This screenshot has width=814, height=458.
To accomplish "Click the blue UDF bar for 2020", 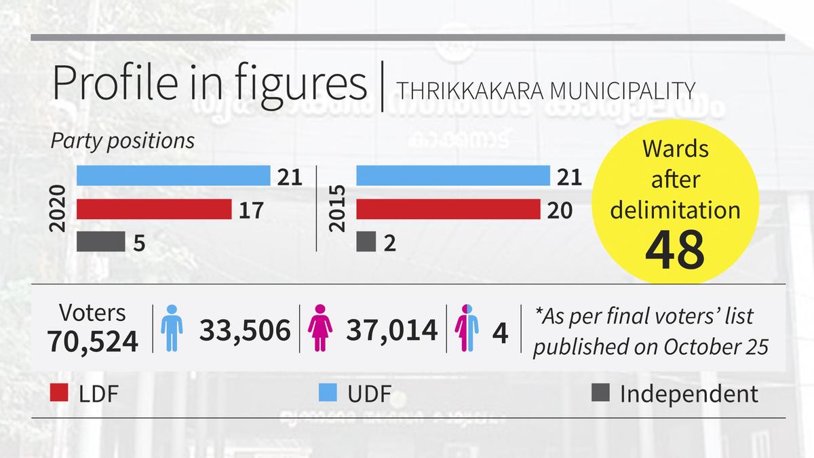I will tap(173, 176).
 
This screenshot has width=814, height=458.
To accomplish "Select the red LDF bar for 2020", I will tap(154, 210).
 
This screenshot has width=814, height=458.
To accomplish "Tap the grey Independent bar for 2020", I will tap(100, 242).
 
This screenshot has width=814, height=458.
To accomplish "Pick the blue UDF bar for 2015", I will tap(452, 176).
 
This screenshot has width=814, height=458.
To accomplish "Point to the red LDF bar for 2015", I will tap(448, 210).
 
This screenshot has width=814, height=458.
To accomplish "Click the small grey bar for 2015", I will tap(366, 242).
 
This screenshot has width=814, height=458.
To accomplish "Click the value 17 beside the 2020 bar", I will tap(251, 210).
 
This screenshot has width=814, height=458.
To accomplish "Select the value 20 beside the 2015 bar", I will tap(559, 210).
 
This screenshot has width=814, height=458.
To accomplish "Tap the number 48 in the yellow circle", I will tap(674, 249).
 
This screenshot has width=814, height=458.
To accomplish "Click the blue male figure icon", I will tap(172, 328).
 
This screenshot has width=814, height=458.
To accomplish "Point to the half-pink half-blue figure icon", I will tap(467, 328).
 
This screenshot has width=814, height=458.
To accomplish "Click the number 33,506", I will tap(244, 330).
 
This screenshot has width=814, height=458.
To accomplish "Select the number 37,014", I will tap(391, 330).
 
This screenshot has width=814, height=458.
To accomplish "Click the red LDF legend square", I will tap(60, 393).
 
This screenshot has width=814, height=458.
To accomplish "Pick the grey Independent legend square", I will tap(601, 393).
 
